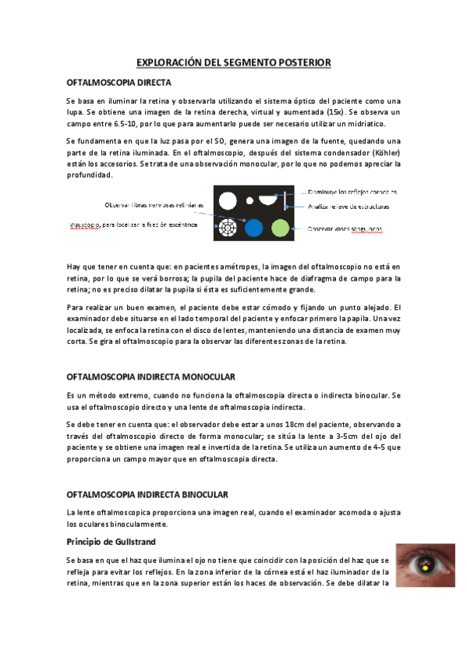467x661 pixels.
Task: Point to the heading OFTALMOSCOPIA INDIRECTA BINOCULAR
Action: [x=147, y=494]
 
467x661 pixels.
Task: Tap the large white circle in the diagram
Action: [x=228, y=200]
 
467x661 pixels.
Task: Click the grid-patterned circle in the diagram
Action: [x=228, y=228]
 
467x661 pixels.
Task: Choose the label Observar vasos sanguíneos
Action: [x=345, y=229]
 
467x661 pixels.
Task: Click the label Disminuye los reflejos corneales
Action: [x=352, y=191]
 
